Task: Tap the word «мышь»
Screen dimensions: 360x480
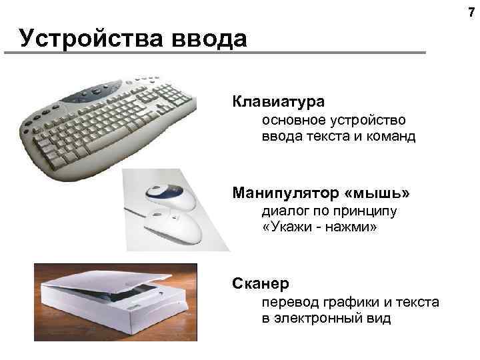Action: [378, 193]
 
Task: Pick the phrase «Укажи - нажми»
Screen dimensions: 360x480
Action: [319, 229]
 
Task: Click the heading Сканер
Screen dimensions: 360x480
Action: [261, 285]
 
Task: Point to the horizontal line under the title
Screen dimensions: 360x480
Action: [220, 53]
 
